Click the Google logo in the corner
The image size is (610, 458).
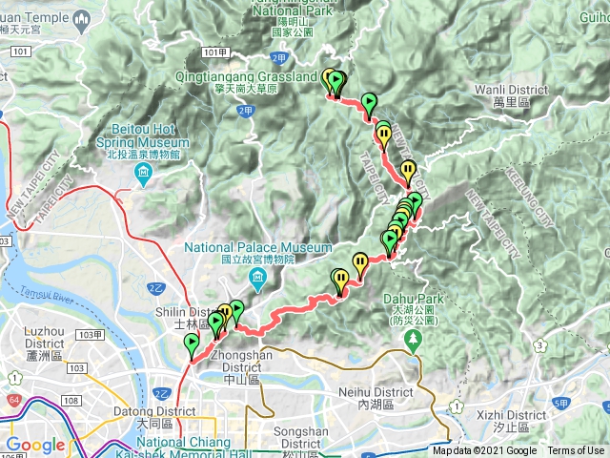tap(35, 445)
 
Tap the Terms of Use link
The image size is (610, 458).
tap(576, 451)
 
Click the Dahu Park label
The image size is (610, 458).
tap(412, 316)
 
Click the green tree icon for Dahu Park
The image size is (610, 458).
tap(412, 347)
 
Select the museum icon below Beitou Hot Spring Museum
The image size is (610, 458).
tap(144, 173)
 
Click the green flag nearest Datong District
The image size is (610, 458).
tap(192, 344)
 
